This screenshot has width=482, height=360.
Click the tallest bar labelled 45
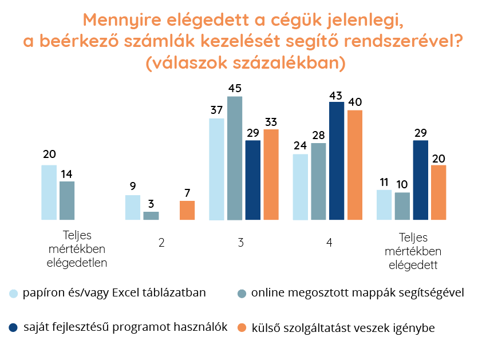coord(235,158)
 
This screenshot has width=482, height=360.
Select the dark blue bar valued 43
coord(337,161)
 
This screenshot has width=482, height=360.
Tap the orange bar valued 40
coord(355,165)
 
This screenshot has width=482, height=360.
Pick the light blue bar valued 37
coord(216,169)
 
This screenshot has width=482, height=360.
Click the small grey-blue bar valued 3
coord(151,216)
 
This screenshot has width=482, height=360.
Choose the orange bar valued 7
coord(187,210)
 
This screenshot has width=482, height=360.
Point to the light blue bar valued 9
coord(133,207)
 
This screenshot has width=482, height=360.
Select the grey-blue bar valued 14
coord(67,200)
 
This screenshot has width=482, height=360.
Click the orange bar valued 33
coord(271,175)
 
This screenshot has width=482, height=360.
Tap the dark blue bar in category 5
coord(421,180)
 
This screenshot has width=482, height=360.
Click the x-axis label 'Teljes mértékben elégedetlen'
coord(77,250)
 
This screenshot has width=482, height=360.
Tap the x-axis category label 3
coord(240,242)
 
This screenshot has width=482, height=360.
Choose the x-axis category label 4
coord(329,242)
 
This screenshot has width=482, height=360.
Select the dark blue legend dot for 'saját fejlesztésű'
coord(13,328)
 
